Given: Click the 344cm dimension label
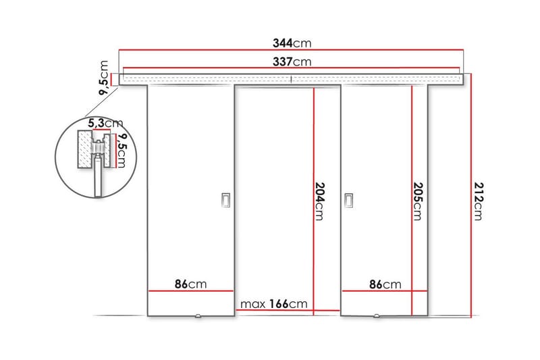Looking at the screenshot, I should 292,43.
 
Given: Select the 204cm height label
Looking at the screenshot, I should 319,201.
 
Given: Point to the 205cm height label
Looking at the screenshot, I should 416,201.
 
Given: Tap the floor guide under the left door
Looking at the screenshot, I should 198,316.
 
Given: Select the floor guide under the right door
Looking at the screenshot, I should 377,316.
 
